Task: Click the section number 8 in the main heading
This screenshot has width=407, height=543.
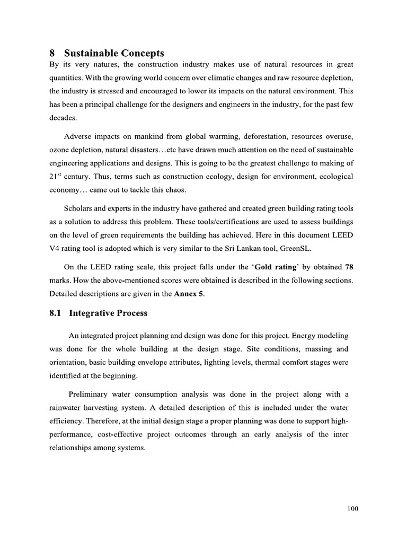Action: tap(52, 53)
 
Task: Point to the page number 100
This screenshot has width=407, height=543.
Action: tap(353, 509)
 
